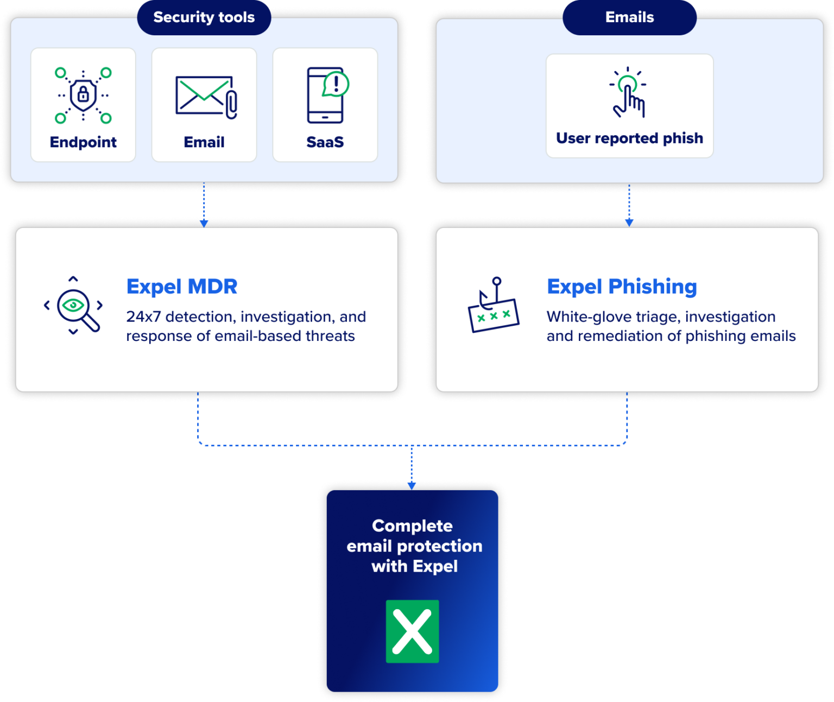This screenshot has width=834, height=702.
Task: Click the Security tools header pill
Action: (x=204, y=17)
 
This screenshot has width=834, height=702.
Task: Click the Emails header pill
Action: (x=629, y=17)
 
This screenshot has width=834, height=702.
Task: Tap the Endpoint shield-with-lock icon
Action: (x=83, y=95)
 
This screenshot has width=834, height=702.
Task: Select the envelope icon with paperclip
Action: (x=206, y=96)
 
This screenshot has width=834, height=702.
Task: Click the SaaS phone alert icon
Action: (x=327, y=95)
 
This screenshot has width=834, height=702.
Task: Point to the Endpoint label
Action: (x=83, y=142)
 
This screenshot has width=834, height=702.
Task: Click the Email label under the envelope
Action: (x=204, y=142)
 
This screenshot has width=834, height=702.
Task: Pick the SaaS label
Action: (x=325, y=142)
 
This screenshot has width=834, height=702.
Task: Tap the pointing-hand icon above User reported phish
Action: (x=628, y=93)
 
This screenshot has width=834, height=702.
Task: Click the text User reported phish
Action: (x=629, y=138)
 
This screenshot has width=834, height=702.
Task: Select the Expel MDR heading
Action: (x=182, y=287)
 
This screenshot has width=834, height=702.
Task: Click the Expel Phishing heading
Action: (x=622, y=287)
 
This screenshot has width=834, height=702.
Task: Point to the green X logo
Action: (x=412, y=631)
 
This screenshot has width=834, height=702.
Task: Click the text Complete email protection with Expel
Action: (x=414, y=546)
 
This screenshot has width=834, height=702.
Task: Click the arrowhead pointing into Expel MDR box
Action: (x=204, y=223)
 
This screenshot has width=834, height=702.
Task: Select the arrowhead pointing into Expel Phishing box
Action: (x=629, y=223)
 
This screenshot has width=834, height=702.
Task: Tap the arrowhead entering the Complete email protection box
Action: (x=412, y=485)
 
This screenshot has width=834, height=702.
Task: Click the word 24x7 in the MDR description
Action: (x=143, y=317)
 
